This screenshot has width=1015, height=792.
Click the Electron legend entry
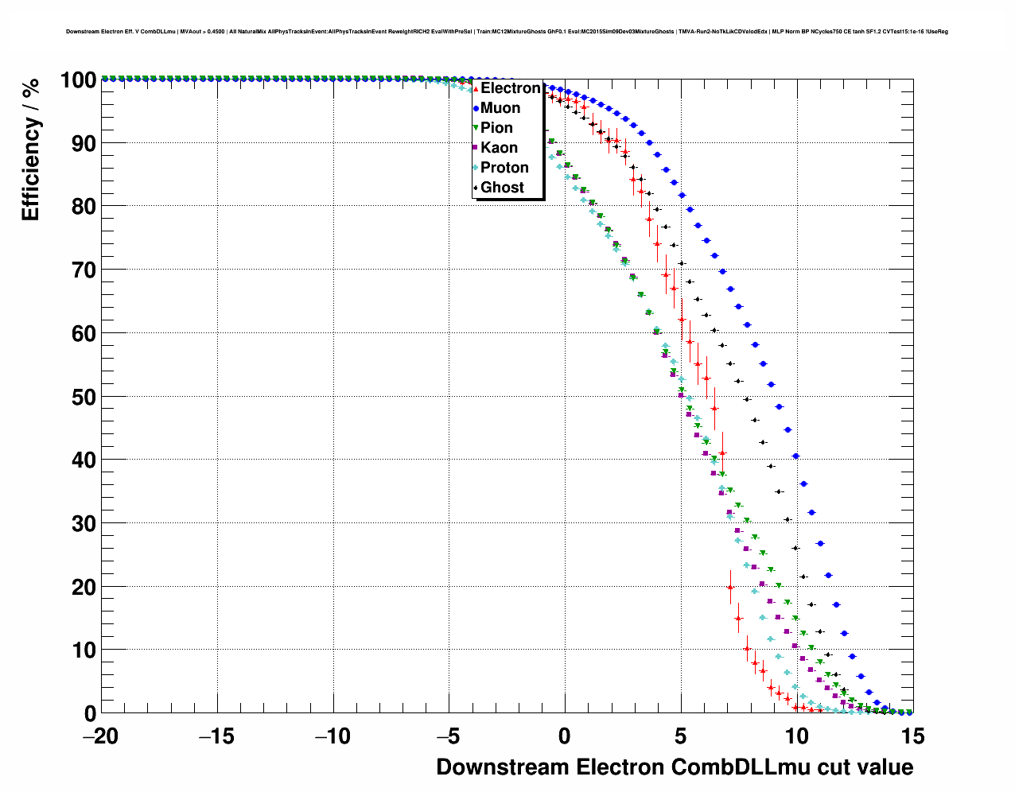(x=510, y=88)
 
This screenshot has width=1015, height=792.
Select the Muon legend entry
(x=500, y=108)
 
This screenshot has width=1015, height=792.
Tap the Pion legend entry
(x=496, y=128)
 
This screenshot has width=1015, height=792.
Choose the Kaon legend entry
(x=499, y=148)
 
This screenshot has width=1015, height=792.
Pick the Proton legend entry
(x=504, y=168)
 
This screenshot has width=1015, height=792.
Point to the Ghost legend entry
(x=502, y=188)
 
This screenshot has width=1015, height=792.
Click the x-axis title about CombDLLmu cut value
(x=675, y=767)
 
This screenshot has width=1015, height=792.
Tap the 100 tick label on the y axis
(x=77, y=80)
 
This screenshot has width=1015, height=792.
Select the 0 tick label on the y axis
(x=90, y=713)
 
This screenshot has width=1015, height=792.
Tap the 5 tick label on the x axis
(x=681, y=736)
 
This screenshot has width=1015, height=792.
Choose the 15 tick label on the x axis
(x=912, y=736)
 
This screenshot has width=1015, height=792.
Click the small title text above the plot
(x=507, y=32)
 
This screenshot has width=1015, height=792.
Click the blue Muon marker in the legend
(x=476, y=108)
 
